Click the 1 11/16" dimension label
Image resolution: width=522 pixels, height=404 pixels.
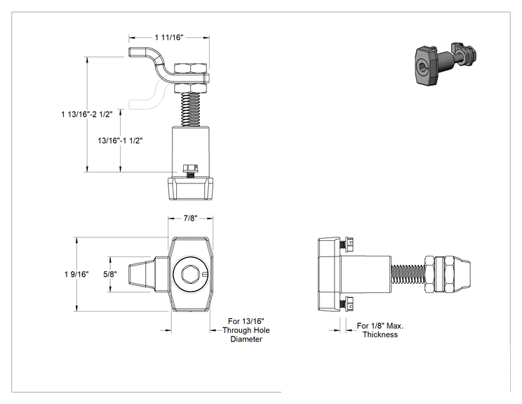point(169,37)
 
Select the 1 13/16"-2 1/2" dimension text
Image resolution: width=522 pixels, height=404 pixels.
point(87,115)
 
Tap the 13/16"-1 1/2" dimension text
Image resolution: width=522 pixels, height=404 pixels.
point(120,141)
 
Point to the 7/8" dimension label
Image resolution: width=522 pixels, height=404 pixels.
point(190,219)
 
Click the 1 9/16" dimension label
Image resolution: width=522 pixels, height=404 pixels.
point(76,274)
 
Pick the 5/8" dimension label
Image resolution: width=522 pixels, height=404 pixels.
point(110,274)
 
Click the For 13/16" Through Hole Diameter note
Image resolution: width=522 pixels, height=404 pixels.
point(246,330)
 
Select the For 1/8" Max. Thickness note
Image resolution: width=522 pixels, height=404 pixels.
point(380,330)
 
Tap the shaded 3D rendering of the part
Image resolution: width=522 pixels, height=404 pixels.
point(446,63)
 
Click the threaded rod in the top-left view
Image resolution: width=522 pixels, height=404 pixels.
point(190,110)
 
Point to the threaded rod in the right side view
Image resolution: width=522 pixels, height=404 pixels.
point(408,275)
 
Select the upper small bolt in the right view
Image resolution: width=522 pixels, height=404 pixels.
point(347,245)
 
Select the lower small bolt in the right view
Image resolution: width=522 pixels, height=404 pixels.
point(347,304)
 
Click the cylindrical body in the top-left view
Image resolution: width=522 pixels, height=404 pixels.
point(191,148)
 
